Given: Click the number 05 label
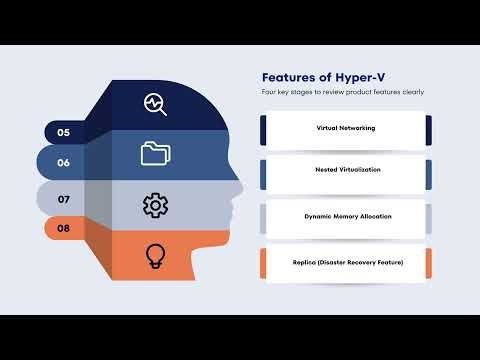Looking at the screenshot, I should point(63,132).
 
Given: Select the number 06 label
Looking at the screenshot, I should point(63,163).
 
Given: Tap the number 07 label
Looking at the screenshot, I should point(63,199).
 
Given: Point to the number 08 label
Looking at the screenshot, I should point(63,229).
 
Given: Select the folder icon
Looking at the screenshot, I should point(155,153).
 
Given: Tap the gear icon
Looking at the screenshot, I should point(155,206).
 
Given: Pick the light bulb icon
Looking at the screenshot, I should point(155,255).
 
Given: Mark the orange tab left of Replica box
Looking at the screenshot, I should point(264,263).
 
